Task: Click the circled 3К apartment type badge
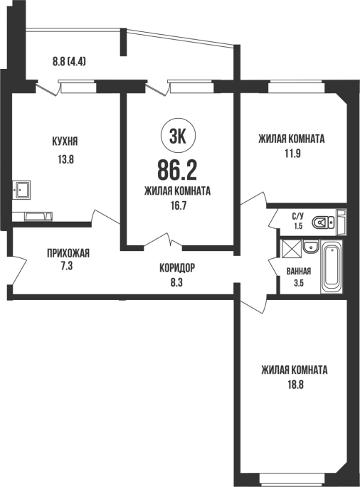click(x=178, y=137)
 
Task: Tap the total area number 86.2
click(x=177, y=170)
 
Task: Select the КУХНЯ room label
click(x=65, y=141)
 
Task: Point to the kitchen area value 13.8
click(x=65, y=160)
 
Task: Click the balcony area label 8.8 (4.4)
click(x=69, y=62)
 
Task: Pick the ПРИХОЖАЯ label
click(x=68, y=253)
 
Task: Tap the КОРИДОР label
click(x=177, y=267)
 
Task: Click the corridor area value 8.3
click(x=176, y=283)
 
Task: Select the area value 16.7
click(x=178, y=205)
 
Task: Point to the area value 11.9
click(x=292, y=154)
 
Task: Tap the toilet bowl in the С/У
click(x=323, y=222)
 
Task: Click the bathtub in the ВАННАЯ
click(x=332, y=267)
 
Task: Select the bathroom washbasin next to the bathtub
click(x=311, y=247)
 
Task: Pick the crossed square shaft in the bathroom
click(x=291, y=248)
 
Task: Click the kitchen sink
click(x=21, y=189)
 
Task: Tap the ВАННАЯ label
click(x=298, y=272)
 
